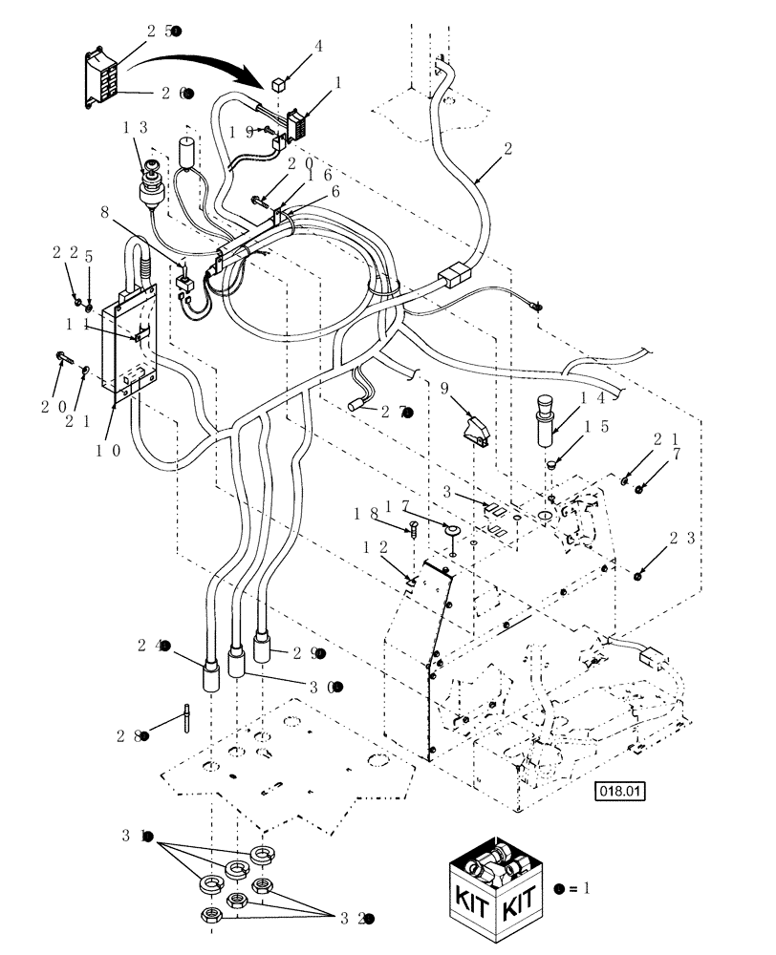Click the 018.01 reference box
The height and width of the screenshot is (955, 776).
[x=620, y=791]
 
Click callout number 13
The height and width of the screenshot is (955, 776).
[x=134, y=126]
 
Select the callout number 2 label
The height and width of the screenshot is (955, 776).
[x=507, y=148]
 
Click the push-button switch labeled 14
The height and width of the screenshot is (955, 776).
[x=544, y=419]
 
